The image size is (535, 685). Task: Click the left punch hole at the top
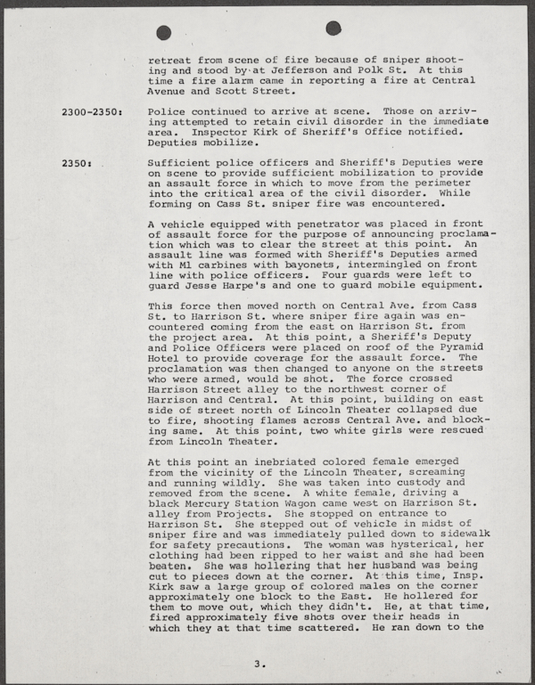click(x=163, y=32)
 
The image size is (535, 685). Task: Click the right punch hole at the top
click(x=333, y=28)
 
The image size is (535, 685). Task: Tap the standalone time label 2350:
click(x=77, y=164)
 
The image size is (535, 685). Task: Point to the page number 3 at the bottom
click(x=258, y=663)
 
